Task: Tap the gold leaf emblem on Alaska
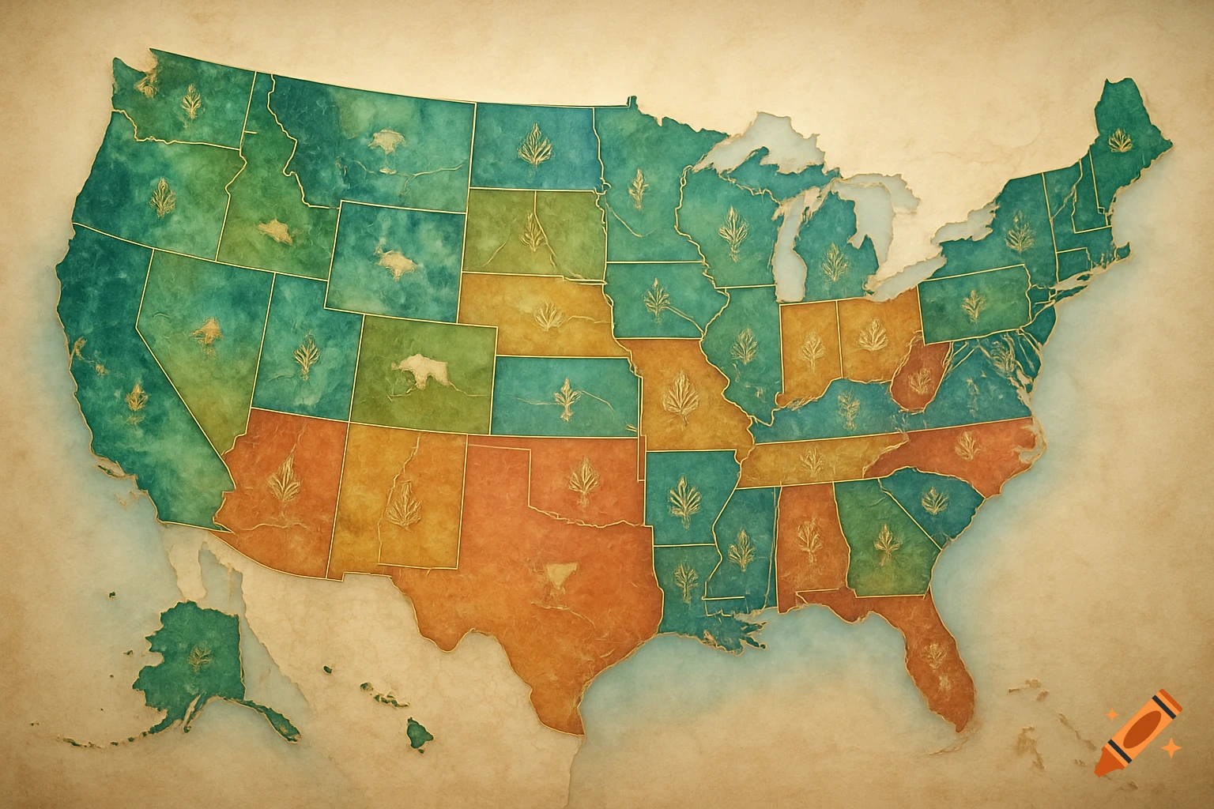tap(199, 655)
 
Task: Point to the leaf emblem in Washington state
tap(190, 103)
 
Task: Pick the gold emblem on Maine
tap(1119, 142)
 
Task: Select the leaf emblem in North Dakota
tap(533, 147)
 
